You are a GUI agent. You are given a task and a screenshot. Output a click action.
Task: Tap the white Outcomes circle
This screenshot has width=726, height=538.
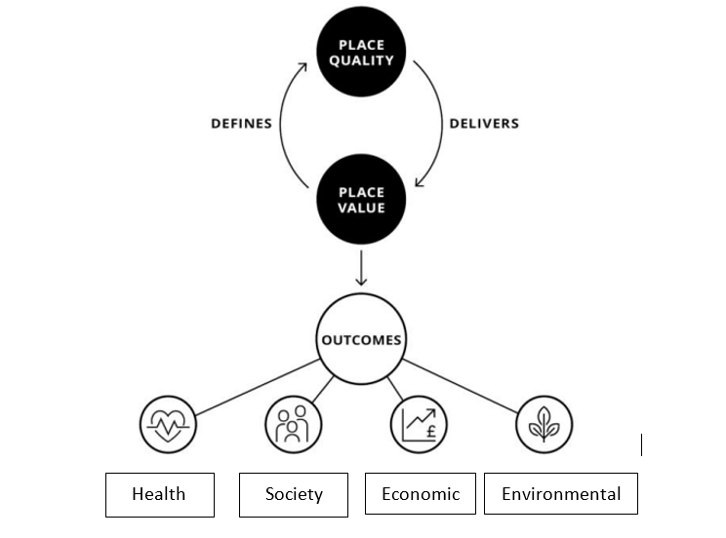pyautogui.click(x=362, y=340)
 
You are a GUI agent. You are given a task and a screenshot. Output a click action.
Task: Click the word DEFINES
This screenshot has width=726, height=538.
pyautogui.click(x=241, y=124)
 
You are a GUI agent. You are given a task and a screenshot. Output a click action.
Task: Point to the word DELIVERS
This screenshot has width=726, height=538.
pyautogui.click(x=483, y=124)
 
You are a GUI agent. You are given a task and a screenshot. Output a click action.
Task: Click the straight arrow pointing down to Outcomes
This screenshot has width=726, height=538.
pyautogui.click(x=362, y=268)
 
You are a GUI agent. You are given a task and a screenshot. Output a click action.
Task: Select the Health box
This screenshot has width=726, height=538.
pyautogui.click(x=159, y=494)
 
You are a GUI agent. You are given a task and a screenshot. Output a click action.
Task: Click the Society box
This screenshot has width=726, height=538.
pyautogui.click(x=294, y=494)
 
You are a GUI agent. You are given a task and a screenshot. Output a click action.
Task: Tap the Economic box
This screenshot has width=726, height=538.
pyautogui.click(x=420, y=493)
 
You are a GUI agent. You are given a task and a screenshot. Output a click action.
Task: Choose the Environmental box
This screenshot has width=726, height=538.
pyautogui.click(x=561, y=493)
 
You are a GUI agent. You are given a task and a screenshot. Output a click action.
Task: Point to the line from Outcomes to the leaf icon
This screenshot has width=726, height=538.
pyautogui.click(x=461, y=385)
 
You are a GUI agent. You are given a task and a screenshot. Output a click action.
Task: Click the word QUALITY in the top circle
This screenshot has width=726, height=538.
pyautogui.click(x=362, y=60)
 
